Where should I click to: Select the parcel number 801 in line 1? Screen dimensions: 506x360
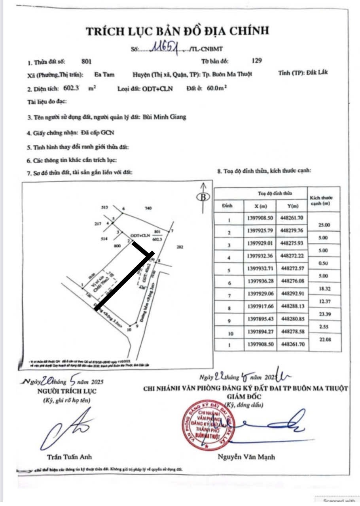86,62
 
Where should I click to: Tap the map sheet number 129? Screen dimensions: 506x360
257,61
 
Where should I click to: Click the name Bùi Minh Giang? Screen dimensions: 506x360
164,117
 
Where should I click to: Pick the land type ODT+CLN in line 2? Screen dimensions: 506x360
157,89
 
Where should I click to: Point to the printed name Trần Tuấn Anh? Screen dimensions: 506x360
69,457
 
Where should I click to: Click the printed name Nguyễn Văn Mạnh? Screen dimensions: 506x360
246,457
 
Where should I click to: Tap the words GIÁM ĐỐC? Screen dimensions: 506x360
246,396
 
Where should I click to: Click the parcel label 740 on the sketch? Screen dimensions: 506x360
148,208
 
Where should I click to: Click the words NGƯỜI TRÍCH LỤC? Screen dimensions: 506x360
66,391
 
